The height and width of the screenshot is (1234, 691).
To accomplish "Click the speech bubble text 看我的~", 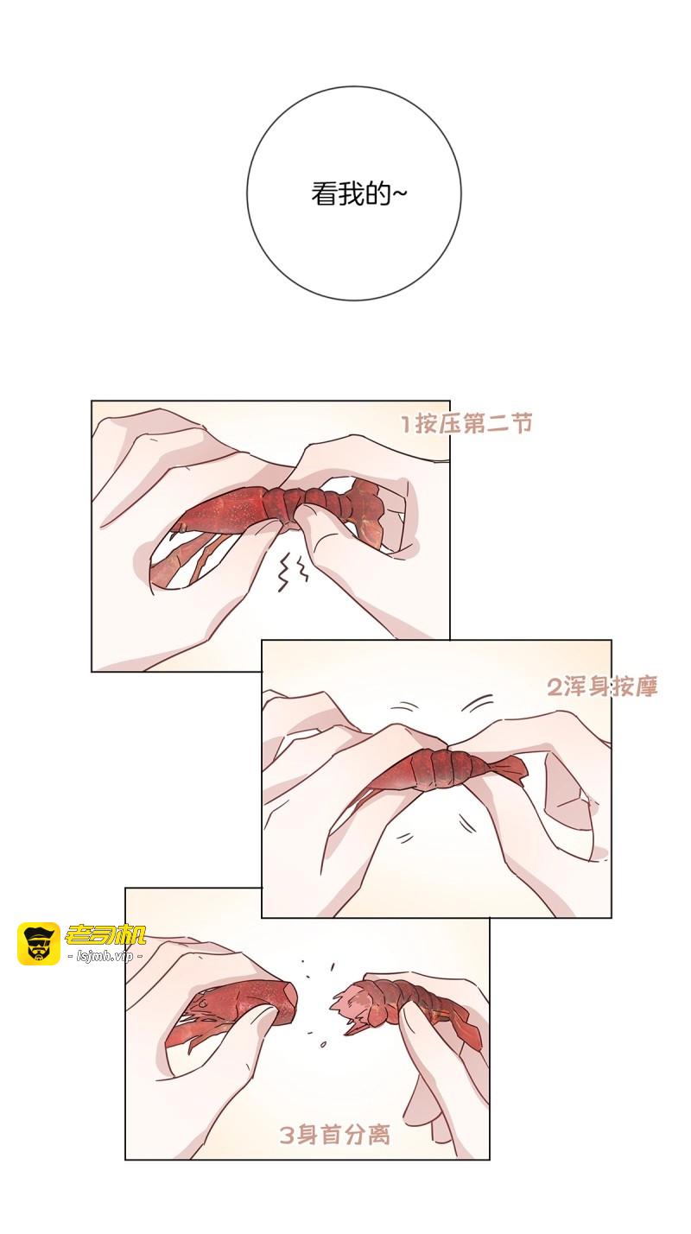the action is coord(358,194).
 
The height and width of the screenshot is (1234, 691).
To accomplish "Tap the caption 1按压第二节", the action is coord(466,424).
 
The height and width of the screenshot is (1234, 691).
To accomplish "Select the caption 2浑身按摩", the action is coord(602,687).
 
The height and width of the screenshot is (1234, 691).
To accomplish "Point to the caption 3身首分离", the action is coord(335,1136).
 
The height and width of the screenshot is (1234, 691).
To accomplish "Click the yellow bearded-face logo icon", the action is coord(39,944).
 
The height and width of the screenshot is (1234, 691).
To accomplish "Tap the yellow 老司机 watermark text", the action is coord(105,934).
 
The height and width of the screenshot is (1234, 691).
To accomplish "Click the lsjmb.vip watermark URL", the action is coord(105,956).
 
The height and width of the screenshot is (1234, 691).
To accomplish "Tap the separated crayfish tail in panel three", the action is coord(408,1008).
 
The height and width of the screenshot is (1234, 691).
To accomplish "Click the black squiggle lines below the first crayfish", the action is coord(292,572).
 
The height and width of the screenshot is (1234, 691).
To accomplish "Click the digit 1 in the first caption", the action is coord(407,424).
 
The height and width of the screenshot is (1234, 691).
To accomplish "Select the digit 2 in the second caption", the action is coord(555,687).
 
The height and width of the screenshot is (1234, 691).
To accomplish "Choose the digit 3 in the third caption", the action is coord(287,1136).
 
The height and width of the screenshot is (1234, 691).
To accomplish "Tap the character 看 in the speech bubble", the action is coord(324,194).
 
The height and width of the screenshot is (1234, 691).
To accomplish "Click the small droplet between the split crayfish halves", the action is coord(323,1043).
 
